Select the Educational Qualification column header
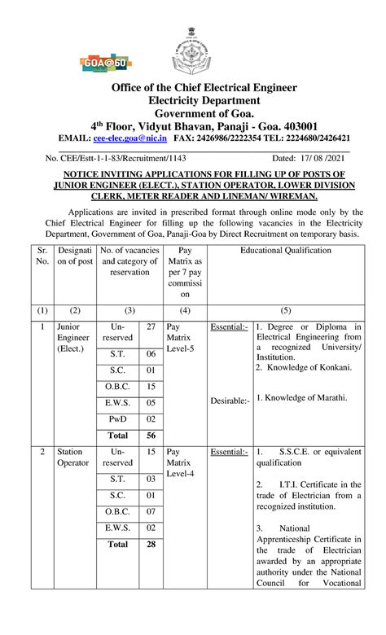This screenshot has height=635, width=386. point(285,250)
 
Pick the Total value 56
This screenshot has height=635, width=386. point(150,436)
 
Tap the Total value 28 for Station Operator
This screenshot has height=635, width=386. point(150,544)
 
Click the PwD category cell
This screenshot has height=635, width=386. point(117,418)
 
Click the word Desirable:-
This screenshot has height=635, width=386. point(230,401)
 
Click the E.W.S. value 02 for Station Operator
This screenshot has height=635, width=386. point(150,528)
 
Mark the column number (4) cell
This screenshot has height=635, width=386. point(185,310)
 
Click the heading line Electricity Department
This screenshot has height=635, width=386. point(193,100)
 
